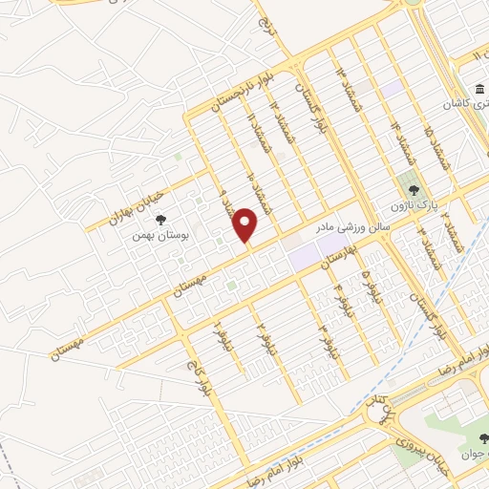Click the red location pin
246,224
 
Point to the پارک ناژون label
412,204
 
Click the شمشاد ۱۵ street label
440,149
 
